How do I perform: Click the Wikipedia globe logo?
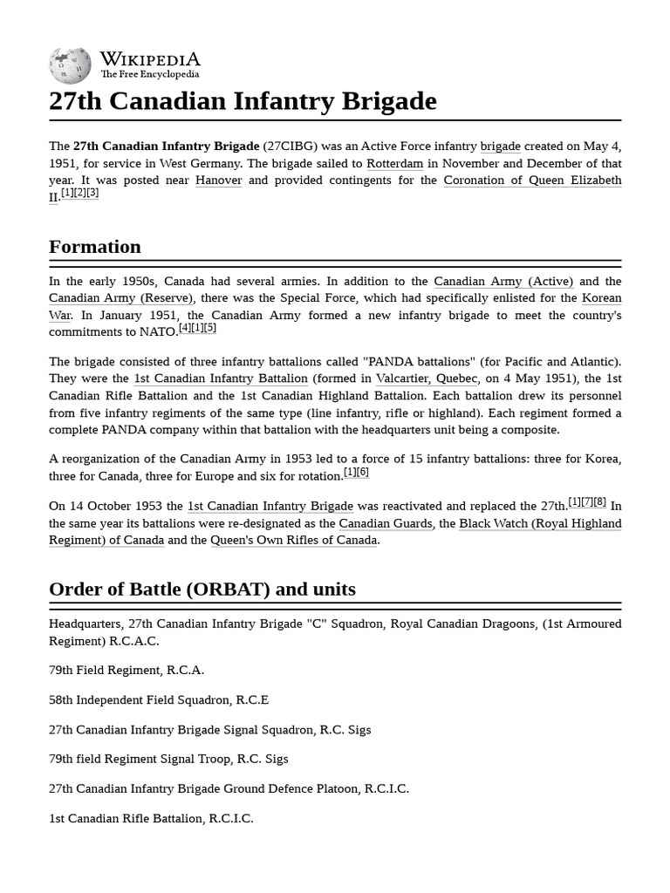70,65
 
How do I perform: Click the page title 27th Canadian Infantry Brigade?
243,101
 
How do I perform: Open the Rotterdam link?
394,163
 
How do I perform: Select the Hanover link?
218,181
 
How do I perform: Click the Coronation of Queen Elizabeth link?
532,181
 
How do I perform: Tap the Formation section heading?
95,246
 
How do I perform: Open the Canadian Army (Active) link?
503,281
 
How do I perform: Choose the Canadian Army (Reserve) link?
120,298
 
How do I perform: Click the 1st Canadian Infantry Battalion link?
221,378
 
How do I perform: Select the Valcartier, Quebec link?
427,378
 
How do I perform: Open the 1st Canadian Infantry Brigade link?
270,506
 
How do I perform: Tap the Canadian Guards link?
386,523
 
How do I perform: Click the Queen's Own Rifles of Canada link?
294,540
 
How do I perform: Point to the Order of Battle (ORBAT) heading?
202,589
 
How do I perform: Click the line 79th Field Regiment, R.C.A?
126,670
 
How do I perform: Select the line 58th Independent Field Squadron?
159,699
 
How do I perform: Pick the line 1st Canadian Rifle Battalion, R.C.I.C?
151,818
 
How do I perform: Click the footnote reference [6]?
363,472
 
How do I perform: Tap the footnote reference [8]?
600,501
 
